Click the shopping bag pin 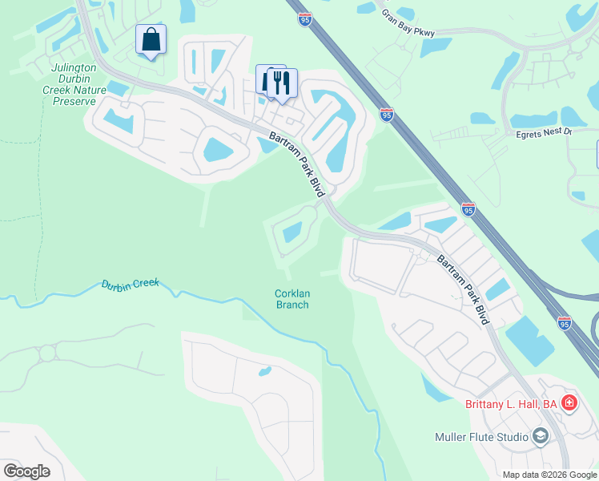click(151, 40)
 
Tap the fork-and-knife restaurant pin click(281, 83)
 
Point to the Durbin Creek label click(131, 285)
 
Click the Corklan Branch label click(292, 299)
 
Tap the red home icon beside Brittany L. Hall click(569, 403)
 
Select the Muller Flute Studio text click(480, 437)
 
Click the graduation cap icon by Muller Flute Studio click(540, 436)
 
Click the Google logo click(26, 471)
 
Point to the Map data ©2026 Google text click(549, 475)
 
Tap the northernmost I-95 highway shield click(304, 18)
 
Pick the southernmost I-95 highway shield click(565, 322)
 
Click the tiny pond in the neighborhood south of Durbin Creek click(264, 371)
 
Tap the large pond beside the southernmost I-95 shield click(529, 341)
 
